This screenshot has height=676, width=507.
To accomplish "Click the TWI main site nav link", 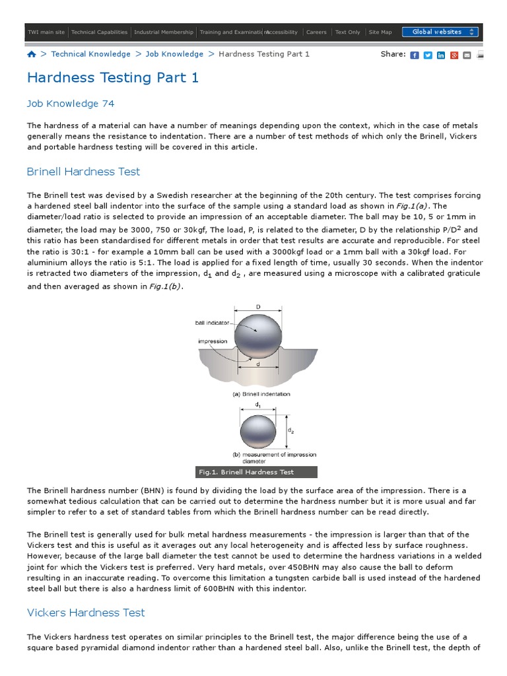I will point(46,32).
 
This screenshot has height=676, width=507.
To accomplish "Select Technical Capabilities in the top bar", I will point(99,32).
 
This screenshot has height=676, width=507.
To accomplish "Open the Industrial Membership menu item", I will point(164,32).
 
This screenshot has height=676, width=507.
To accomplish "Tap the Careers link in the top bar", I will point(316,32).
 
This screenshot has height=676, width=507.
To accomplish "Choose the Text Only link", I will point(348,32).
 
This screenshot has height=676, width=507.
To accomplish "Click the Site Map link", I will point(380,32).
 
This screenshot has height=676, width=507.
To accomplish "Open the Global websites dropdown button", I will point(440,32).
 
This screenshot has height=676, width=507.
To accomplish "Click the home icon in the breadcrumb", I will point(32,54).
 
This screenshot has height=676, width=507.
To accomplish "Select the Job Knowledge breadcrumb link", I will point(174,54).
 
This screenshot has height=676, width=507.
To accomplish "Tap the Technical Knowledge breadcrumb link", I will point(90,54).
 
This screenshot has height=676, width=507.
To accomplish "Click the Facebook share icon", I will point(415,55).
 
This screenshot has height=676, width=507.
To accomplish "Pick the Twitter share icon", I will point(428,55).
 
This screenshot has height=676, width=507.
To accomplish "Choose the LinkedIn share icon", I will point(441,55).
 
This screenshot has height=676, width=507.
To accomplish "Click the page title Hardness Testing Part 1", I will point(112,78).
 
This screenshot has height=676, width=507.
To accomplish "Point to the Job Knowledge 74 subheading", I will point(71,104).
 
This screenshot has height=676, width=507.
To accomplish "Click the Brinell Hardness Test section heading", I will point(83,172).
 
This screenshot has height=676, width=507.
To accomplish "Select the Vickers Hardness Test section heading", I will point(86,613).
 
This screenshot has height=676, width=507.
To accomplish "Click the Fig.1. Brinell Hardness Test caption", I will point(246,472).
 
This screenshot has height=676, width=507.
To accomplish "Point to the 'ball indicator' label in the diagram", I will point(213,323).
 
